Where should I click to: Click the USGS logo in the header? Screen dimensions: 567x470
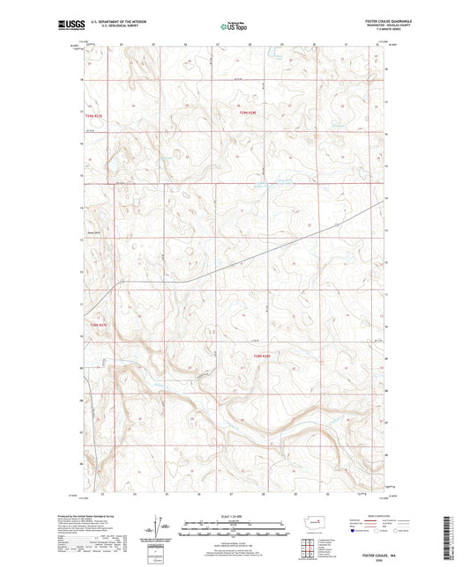pyautogui.click(x=65, y=26)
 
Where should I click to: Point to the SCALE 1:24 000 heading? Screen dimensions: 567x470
pyautogui.click(x=235, y=515)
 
